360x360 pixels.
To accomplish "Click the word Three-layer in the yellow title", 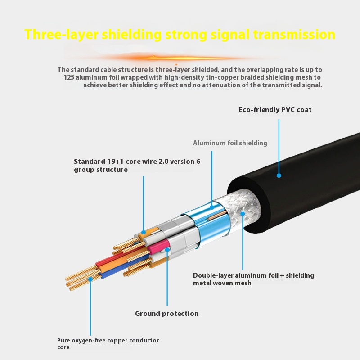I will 61,35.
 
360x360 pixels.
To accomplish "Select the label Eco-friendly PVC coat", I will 275,110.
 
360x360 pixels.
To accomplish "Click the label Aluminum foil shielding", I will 230,143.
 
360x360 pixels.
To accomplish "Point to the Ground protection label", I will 166,314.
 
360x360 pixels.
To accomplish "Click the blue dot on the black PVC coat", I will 279,175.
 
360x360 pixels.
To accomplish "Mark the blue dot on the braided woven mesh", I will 243,213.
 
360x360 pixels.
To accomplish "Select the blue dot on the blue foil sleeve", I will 212,207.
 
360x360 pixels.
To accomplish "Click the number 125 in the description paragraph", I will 71,77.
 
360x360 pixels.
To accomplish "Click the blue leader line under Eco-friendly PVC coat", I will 279,144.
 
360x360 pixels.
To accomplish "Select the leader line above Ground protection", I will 167,279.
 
